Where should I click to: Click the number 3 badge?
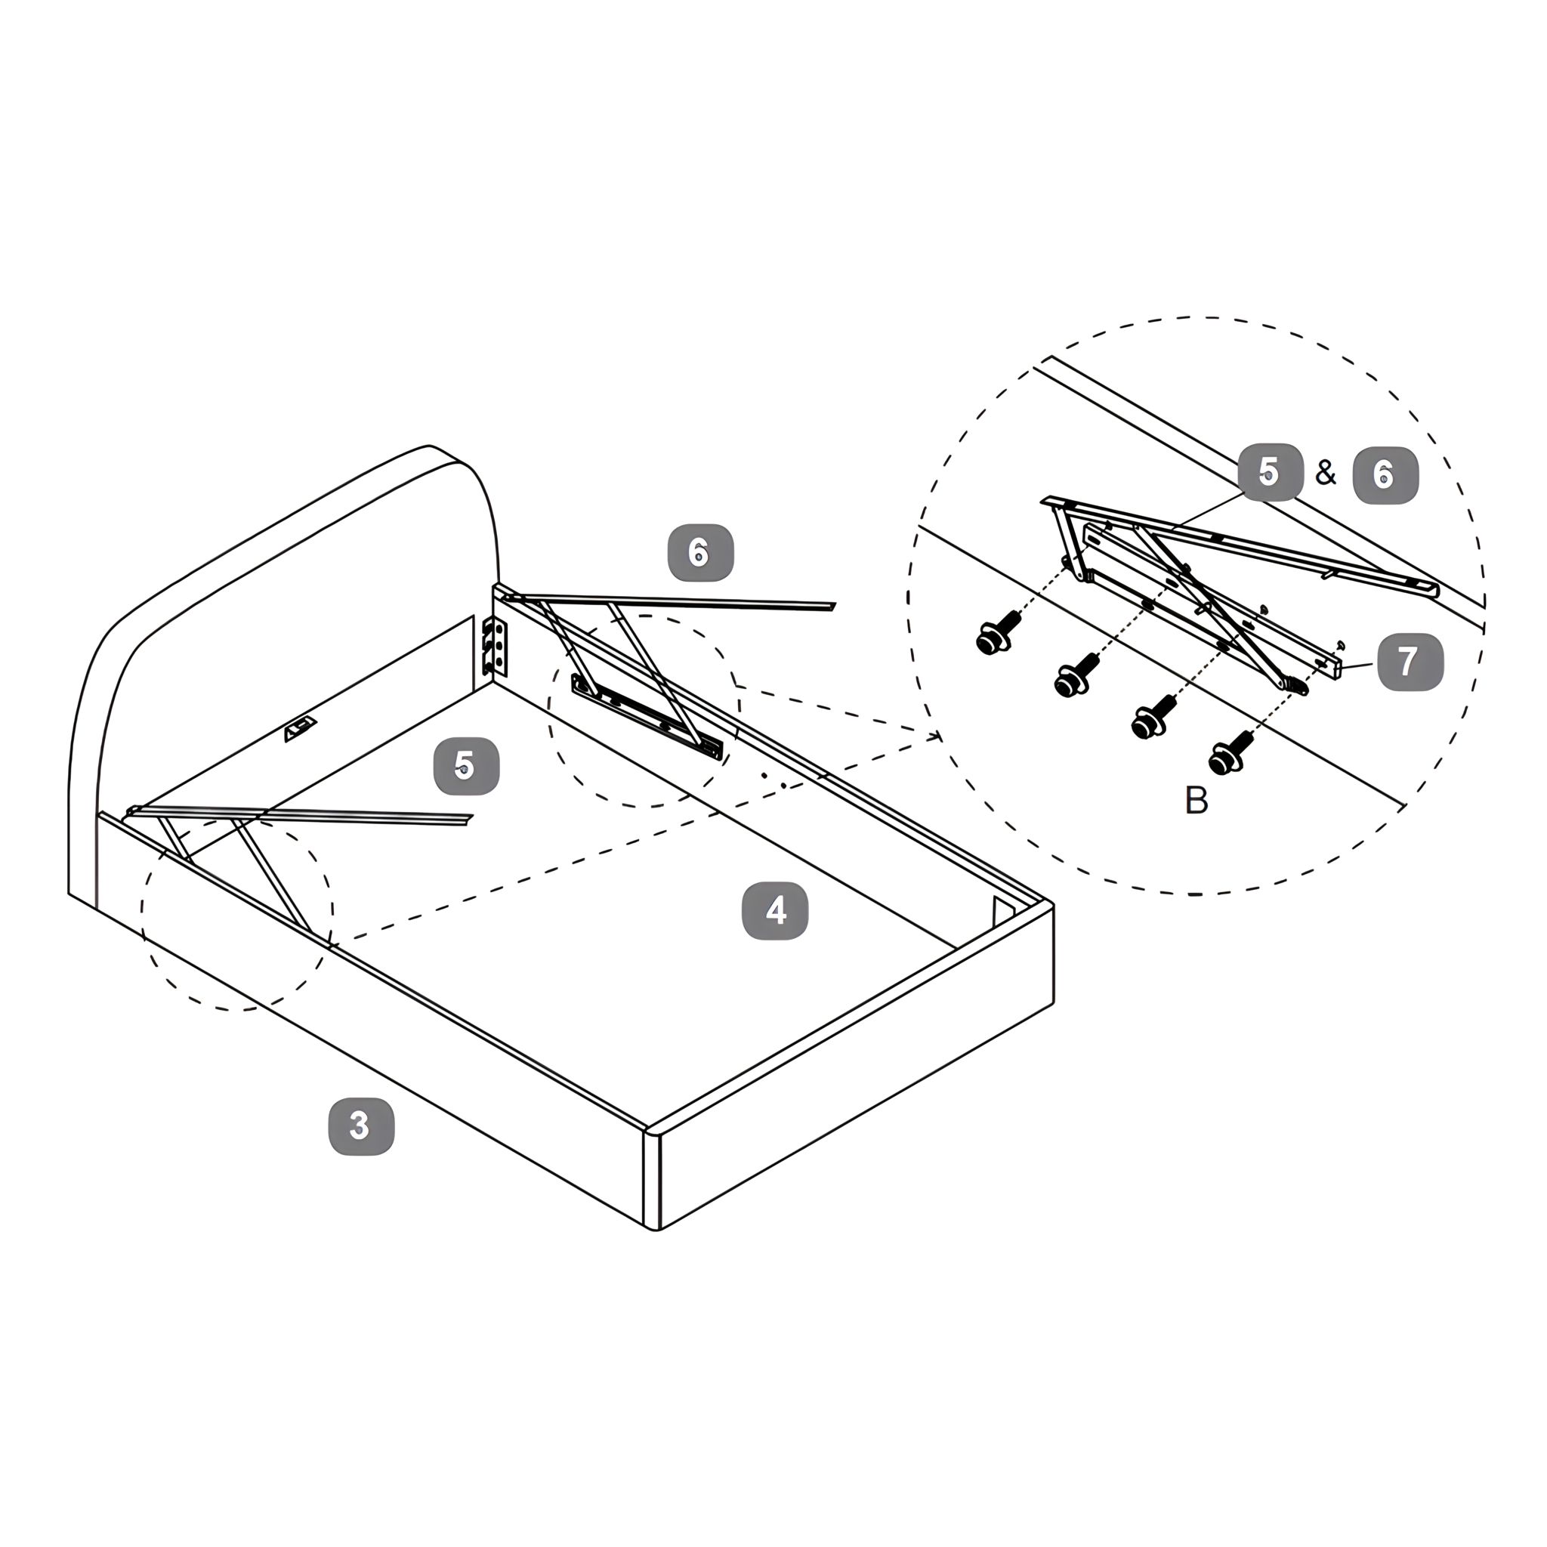[362, 1126]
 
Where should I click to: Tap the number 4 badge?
[775, 910]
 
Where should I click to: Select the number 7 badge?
[1410, 662]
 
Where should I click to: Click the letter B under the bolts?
[1196, 800]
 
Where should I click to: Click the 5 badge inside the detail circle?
[1271, 472]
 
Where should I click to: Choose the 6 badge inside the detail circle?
[1385, 475]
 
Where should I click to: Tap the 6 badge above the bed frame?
[701, 552]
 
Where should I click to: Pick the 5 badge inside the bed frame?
[466, 766]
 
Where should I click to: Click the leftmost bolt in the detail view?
[998, 633]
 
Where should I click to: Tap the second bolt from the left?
[1076, 676]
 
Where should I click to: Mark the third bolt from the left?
[1153, 716]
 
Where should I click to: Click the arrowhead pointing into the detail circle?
[935, 736]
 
